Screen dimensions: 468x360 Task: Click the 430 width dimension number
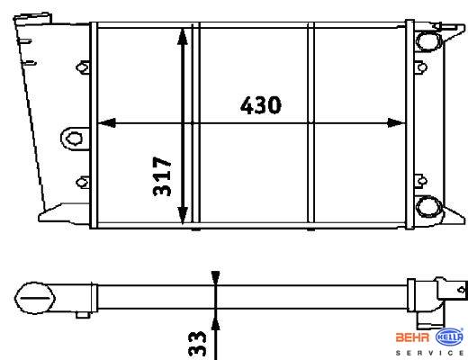(x=261, y=105)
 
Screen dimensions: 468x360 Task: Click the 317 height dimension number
(x=162, y=176)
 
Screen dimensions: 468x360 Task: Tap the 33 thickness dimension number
(x=197, y=344)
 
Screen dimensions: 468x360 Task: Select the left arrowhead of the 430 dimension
(x=107, y=122)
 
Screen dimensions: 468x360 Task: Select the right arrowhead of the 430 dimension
(x=396, y=122)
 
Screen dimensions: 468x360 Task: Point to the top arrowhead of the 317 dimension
(x=183, y=37)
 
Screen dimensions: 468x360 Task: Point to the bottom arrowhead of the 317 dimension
(x=183, y=215)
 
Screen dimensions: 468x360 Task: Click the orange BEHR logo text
(x=412, y=337)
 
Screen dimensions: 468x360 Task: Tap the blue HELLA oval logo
(x=449, y=337)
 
